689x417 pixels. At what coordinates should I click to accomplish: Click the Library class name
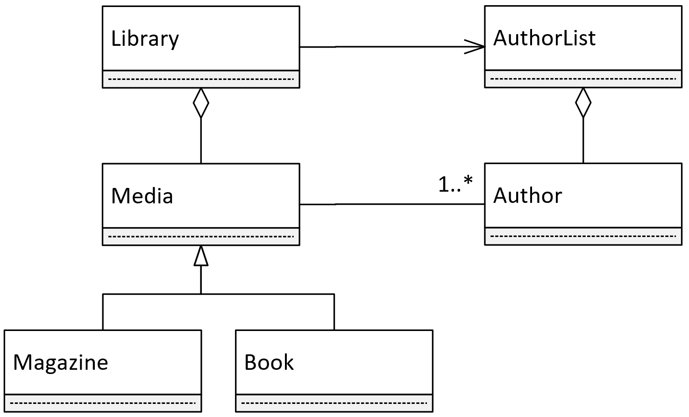(145, 39)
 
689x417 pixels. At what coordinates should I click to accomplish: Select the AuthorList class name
(545, 38)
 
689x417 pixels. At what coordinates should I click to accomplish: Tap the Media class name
(142, 196)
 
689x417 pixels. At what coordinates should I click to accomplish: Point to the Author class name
(527, 195)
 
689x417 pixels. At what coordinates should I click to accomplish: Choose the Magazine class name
(61, 363)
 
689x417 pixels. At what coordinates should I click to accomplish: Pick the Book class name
(269, 362)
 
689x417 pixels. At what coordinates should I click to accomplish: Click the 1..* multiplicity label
(455, 184)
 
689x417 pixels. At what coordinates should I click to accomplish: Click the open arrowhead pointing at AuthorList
(475, 47)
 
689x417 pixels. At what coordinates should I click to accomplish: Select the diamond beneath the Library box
(201, 103)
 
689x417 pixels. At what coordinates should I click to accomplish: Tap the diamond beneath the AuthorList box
(583, 102)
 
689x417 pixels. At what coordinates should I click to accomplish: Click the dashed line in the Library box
(201, 79)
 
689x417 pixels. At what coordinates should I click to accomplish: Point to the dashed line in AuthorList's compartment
(583, 79)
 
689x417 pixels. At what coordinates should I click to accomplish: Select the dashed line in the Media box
(201, 237)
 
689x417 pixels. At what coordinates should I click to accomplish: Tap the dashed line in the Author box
(583, 237)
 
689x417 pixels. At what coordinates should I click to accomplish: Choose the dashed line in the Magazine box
(103, 403)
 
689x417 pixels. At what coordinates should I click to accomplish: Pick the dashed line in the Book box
(334, 403)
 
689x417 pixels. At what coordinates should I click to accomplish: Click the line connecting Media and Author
(392, 204)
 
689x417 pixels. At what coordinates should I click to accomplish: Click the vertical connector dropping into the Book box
(334, 312)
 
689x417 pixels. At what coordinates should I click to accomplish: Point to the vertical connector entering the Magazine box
(103, 312)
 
